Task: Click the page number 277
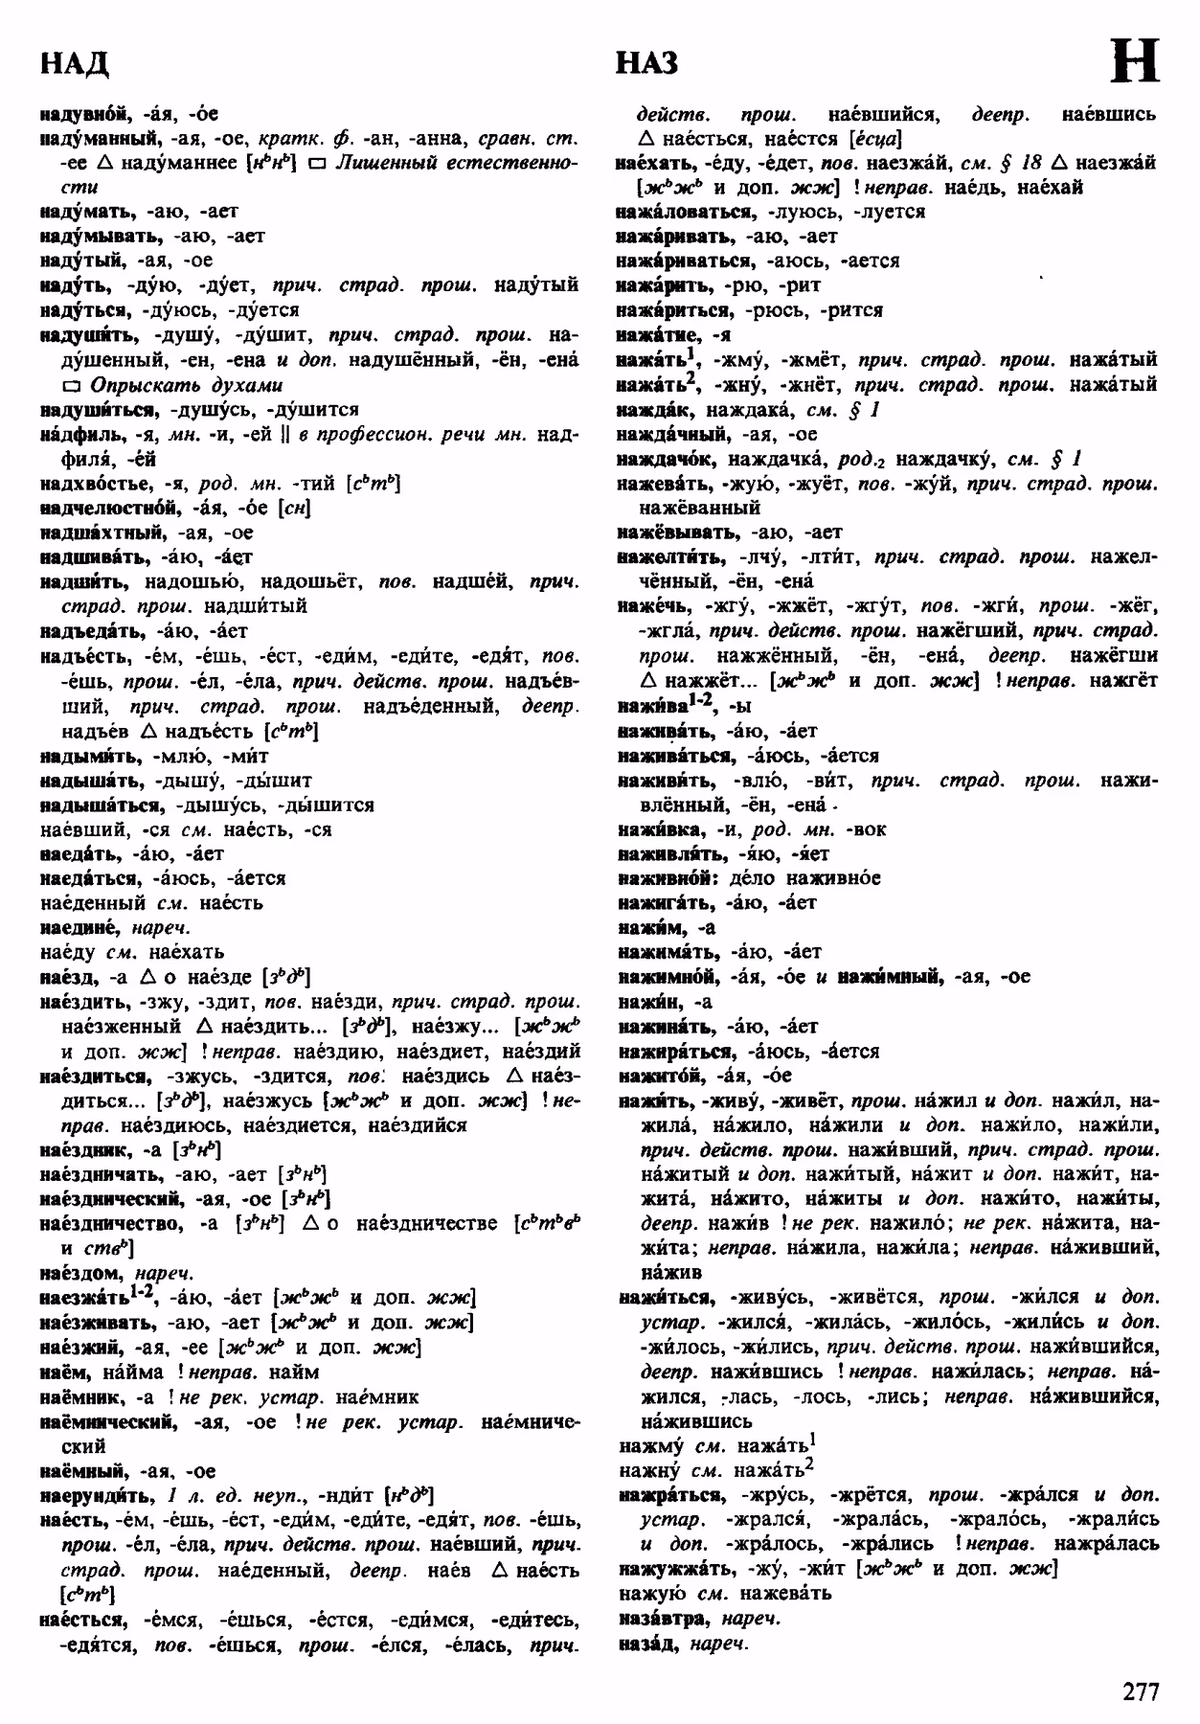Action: click(1141, 1690)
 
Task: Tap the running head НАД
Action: click(75, 63)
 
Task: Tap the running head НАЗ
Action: click(646, 63)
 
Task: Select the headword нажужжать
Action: click(674, 1569)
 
